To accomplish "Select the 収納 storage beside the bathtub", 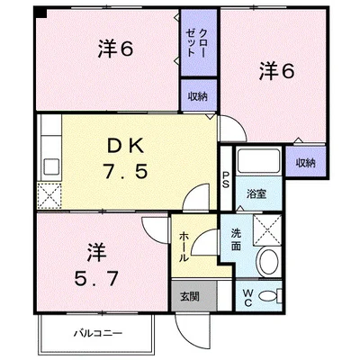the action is (306, 162).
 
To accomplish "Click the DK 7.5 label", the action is (126, 160).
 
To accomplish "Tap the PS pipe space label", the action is (226, 179).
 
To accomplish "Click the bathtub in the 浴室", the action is (259, 160).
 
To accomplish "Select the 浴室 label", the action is (256, 194).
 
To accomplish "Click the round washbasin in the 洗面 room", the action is (268, 261).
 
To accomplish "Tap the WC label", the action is (247, 297).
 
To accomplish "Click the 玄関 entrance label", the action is (190, 297).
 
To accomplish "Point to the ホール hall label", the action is (184, 247).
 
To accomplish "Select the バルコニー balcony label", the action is (98, 333).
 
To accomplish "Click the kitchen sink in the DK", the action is (51, 166).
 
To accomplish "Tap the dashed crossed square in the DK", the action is (49, 195).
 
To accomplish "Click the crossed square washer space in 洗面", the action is (267, 229).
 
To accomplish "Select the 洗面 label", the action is (236, 240).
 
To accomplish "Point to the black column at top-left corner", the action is (41, 13).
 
